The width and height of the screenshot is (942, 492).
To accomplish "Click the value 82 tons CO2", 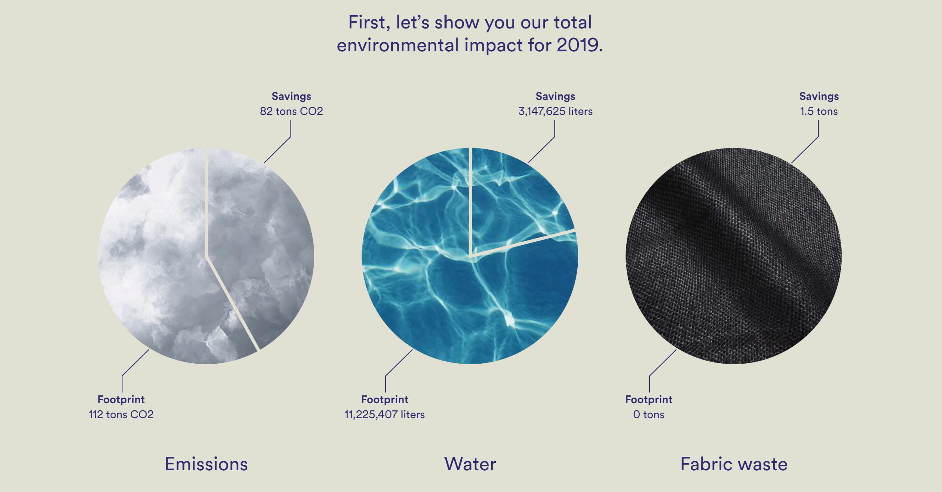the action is pos(291,111).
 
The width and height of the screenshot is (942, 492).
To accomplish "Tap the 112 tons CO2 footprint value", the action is pos(121,415).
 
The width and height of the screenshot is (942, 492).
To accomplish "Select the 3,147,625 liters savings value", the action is pos(555,111).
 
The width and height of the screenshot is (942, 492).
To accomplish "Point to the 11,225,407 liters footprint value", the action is pos(384,415).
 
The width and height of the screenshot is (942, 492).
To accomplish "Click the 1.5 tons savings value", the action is pos(819,111).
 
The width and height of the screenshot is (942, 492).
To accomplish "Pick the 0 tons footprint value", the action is pos(649,415).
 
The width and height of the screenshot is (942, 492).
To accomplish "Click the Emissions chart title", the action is pos(206,464).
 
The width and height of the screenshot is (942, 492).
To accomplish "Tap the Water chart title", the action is pos(470,464).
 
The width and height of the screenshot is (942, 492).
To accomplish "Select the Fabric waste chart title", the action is pos(734,464).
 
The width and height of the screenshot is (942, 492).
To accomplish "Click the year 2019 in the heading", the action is pos(577,45).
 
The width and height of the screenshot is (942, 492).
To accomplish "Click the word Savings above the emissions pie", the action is pos(291,96).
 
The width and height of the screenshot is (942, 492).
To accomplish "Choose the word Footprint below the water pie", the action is pos(384,400).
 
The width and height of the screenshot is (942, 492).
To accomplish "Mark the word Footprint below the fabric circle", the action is pos(649,400).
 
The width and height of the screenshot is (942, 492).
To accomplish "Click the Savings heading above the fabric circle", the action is pos(819,96).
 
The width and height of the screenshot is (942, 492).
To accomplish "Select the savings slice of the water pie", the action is pos(514,197).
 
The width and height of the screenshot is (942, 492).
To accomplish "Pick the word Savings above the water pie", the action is pos(555,96).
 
